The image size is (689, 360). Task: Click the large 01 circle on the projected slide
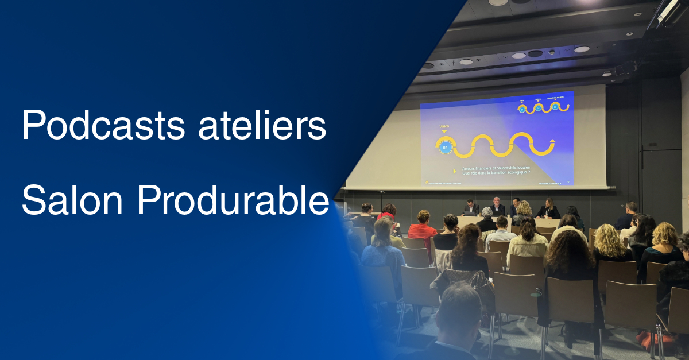444,148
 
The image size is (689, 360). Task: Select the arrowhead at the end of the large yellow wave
552,141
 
